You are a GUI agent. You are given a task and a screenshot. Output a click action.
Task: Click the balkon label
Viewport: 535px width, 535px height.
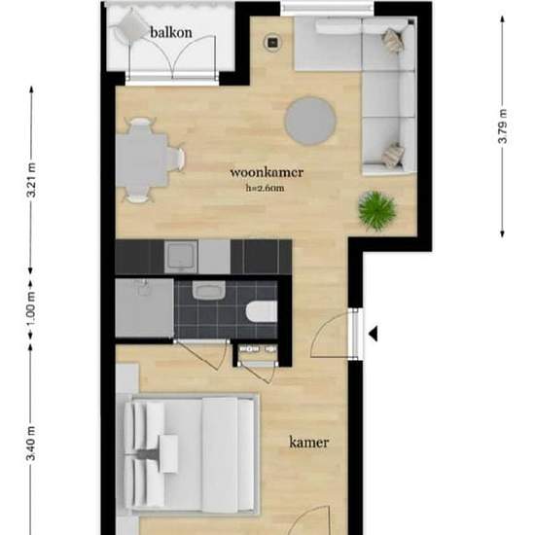[x=170, y=32]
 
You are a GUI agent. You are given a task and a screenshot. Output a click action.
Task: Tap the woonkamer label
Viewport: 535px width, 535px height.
[x=267, y=173]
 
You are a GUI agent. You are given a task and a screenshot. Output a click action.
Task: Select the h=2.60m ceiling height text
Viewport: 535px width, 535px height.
[x=267, y=190]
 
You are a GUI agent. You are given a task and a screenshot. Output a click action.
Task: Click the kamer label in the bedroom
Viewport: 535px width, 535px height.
[x=309, y=443]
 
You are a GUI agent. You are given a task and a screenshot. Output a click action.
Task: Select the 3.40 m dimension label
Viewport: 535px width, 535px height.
[x=31, y=443]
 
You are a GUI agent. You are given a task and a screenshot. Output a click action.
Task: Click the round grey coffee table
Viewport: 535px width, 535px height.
[x=310, y=119]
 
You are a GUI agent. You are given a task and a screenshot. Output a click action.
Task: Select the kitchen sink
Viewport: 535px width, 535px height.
[x=182, y=256]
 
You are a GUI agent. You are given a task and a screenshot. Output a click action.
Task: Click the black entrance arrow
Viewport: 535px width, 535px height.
[x=373, y=335]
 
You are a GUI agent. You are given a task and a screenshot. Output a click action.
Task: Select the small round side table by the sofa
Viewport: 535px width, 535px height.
[x=274, y=41]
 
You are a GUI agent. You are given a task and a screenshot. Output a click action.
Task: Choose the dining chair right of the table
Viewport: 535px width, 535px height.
[x=175, y=157]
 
